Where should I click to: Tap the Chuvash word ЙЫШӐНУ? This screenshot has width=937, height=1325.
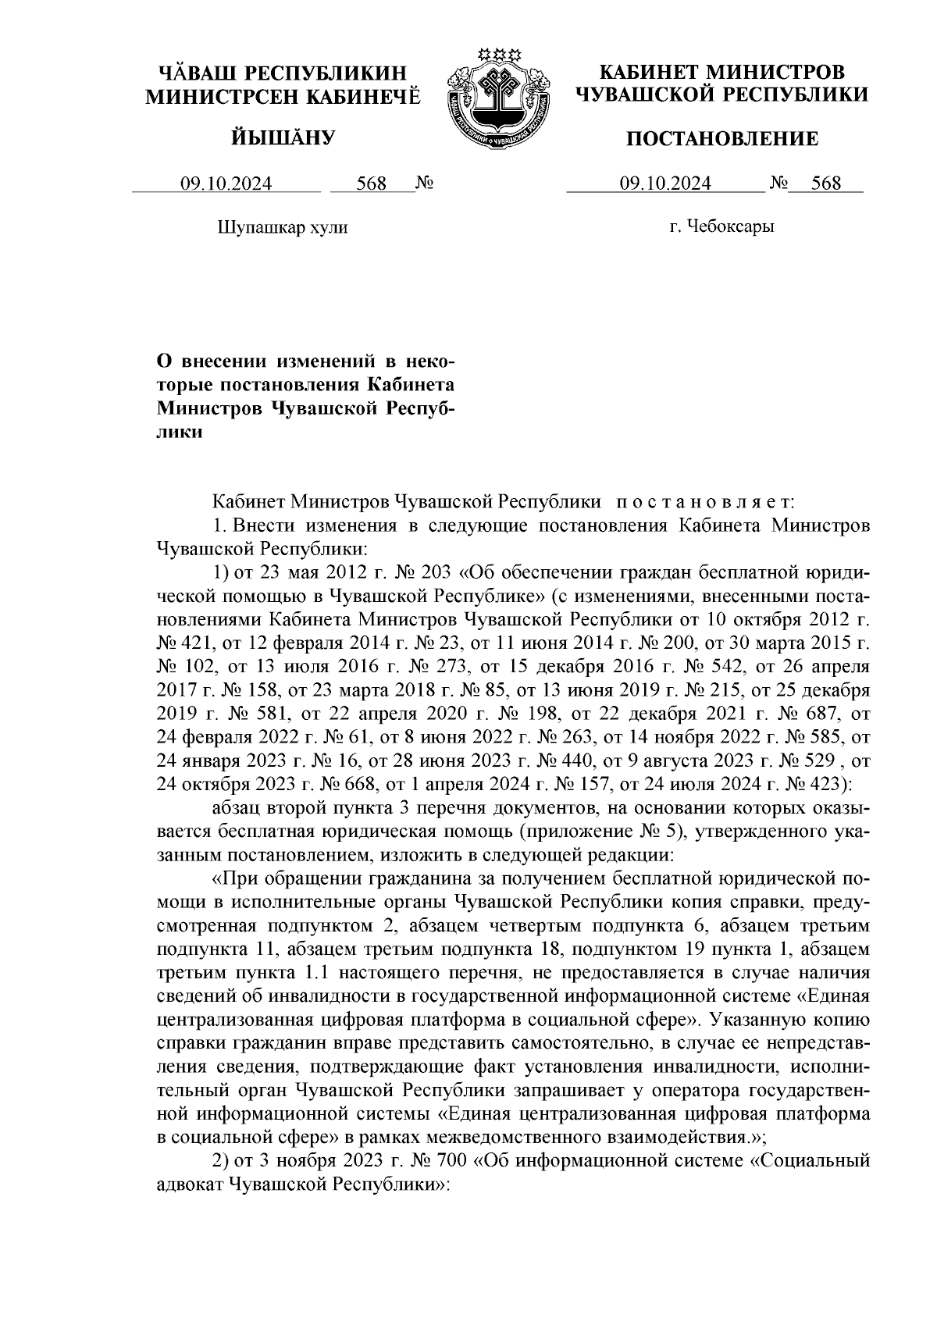283,139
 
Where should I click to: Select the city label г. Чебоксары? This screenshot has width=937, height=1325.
721,227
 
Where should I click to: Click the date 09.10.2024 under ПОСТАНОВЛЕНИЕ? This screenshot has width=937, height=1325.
665,183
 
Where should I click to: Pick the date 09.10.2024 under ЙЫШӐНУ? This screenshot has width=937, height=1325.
226,183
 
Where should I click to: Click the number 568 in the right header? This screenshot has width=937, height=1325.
826,183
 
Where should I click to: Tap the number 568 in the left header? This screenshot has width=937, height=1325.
372,183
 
